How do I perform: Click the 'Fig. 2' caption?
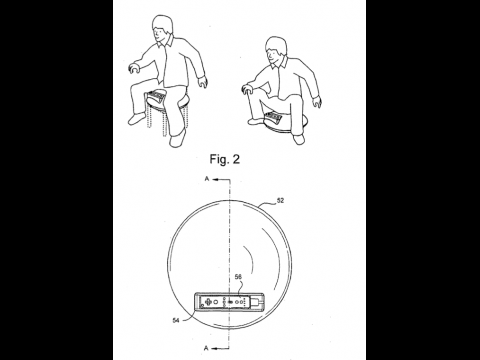pos(225,159)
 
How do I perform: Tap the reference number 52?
pos(281,200)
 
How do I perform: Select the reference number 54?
pos(176,320)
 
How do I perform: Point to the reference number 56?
pos(238,276)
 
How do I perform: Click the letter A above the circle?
pos(207,179)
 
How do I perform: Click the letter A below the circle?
pos(206,348)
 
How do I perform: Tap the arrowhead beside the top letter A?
pos(215,179)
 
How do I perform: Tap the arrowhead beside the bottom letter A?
pos(215,348)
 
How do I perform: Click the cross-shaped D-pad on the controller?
pos(208,301)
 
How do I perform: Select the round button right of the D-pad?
pos(216,302)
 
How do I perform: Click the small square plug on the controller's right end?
pos(259,302)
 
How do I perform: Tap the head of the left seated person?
pos(162,29)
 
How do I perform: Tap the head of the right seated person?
pos(276,52)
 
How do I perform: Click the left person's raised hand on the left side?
pos(135,67)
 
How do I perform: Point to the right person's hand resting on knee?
pos(247,88)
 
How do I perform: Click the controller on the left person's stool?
pos(156,97)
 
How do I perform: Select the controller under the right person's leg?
pos(273,117)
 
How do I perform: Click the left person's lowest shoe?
pos(177,138)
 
